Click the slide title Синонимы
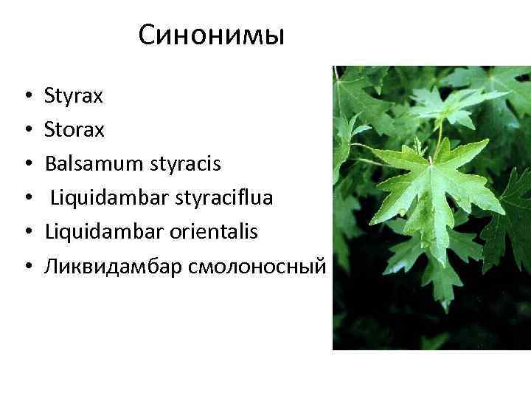[x=211, y=35]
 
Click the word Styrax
[x=74, y=96]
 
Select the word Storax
[x=74, y=130]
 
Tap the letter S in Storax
[x=49, y=130]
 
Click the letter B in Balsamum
[x=50, y=164]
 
